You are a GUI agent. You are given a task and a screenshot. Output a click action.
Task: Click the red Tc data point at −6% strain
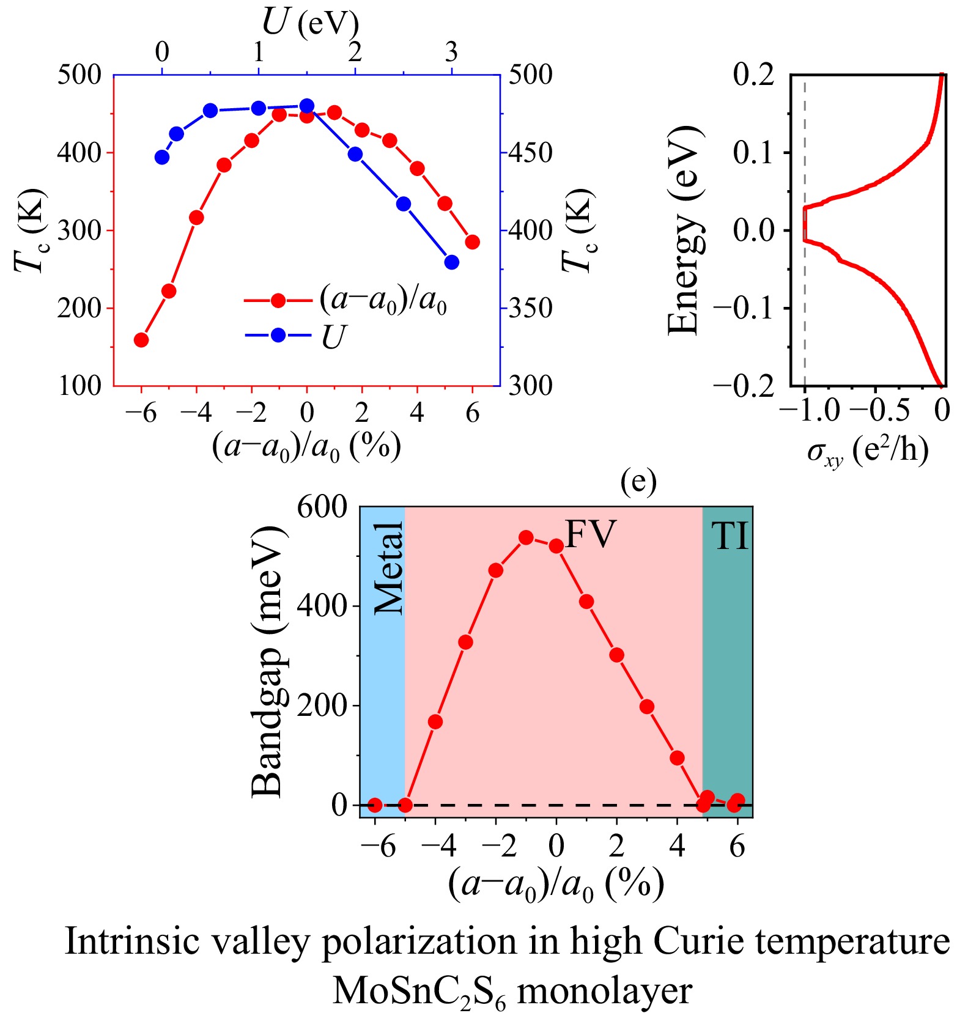pyautogui.click(x=141, y=340)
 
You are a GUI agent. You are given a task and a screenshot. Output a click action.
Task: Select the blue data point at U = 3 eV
pyautogui.click(x=451, y=262)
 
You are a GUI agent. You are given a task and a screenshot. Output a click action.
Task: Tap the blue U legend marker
pyautogui.click(x=278, y=335)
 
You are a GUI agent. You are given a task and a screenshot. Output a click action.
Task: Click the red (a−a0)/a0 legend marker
pyautogui.click(x=278, y=300)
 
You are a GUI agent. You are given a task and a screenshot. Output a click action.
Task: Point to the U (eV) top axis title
pyautogui.click(x=310, y=23)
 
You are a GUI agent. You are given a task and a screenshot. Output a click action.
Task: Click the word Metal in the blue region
pyautogui.click(x=389, y=568)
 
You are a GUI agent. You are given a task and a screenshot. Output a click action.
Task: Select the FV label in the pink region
pyautogui.click(x=590, y=534)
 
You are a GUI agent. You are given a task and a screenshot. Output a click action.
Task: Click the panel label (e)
pyautogui.click(x=638, y=482)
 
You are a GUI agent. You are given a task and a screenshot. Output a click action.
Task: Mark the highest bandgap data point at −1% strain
pyautogui.click(x=526, y=537)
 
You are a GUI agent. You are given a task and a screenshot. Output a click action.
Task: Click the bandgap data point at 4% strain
pyautogui.click(x=677, y=758)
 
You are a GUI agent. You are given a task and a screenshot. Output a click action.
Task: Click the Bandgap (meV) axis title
pyautogui.click(x=268, y=661)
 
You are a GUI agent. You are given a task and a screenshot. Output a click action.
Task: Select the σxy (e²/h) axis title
pyautogui.click(x=868, y=451)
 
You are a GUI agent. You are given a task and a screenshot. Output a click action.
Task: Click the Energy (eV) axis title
pyautogui.click(x=683, y=230)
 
